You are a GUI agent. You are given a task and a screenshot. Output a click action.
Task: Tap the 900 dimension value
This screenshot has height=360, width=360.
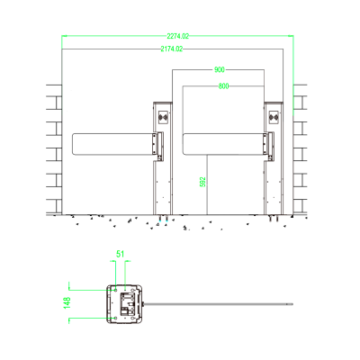220,69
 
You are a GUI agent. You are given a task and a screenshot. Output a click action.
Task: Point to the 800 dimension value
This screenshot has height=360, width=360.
224,85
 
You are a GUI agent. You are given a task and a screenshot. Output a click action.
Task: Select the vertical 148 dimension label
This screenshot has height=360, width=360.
67,303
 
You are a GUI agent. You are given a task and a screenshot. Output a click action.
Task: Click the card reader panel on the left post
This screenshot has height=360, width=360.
163,116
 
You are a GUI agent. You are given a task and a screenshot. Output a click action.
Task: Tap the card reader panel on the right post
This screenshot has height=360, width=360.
275,116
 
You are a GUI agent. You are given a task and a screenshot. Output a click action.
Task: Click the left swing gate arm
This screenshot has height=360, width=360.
112,142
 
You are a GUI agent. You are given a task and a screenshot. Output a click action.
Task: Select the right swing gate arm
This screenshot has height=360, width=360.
223,142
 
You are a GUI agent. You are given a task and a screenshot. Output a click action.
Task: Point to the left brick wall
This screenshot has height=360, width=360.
54,148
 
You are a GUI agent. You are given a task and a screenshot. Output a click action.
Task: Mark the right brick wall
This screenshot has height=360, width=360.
300,148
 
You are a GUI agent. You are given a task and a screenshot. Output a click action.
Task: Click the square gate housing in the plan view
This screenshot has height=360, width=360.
125,303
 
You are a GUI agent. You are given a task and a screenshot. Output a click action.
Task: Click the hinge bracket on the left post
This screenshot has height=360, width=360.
157,143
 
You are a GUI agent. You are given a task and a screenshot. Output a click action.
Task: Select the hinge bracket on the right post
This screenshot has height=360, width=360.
269,143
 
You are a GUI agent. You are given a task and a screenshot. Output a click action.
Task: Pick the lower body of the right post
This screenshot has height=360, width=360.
275,189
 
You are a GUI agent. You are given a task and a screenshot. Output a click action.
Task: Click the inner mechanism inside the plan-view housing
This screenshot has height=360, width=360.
130,302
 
